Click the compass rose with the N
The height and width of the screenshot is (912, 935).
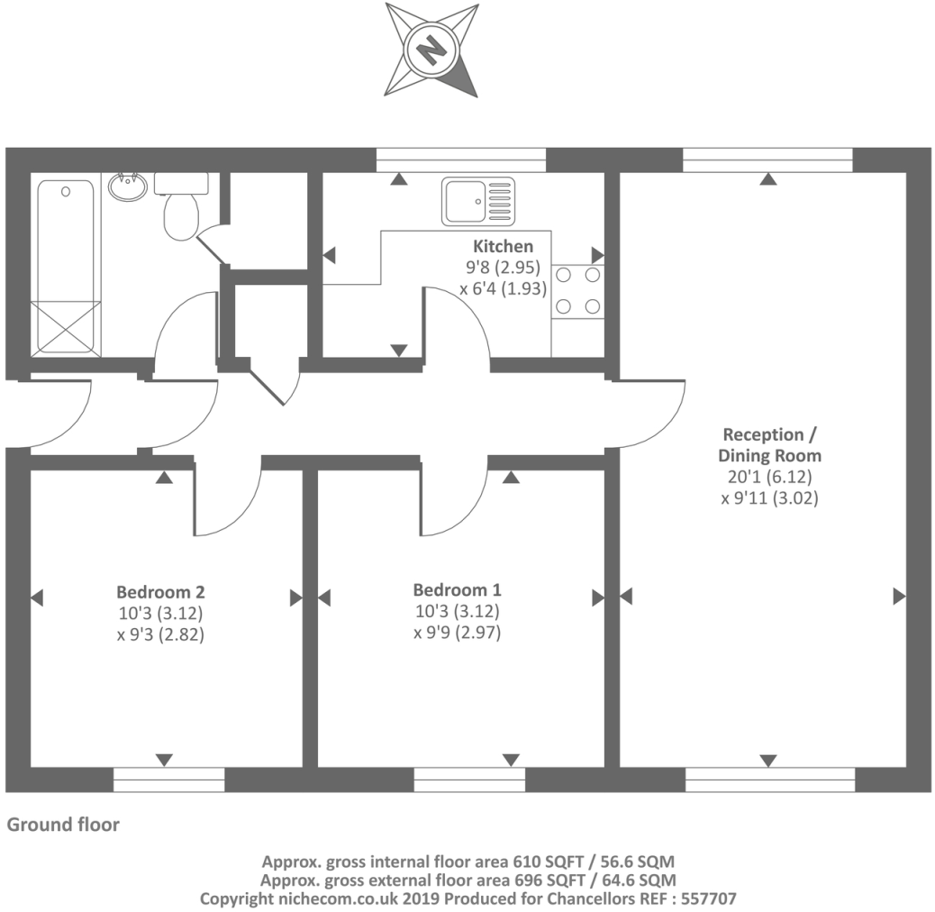[x=432, y=50]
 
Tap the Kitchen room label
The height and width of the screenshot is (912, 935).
[x=504, y=246]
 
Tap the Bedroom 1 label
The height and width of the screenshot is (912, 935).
[x=457, y=590]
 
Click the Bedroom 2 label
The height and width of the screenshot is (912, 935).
[x=160, y=592]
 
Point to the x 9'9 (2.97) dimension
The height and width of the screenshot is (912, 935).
[x=457, y=633]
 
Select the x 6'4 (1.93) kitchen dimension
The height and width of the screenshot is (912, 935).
[x=504, y=289]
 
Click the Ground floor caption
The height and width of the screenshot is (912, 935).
[x=63, y=825]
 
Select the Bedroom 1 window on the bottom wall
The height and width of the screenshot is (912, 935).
[x=469, y=780]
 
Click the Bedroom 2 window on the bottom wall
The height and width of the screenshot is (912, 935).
[x=168, y=780]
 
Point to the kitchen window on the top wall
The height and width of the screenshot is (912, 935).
[x=461, y=160]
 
